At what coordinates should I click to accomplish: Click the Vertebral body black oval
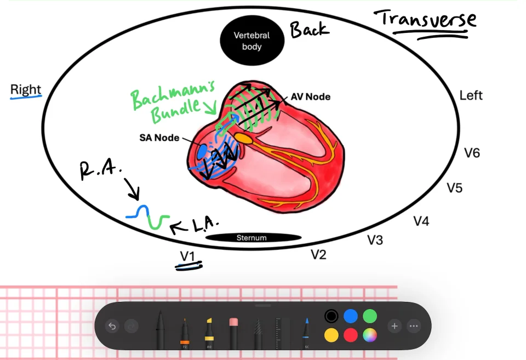coord(252,40)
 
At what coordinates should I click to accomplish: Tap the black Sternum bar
coord(253,238)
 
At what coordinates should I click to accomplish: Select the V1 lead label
coord(187,256)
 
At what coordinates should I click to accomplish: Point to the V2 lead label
coord(318,254)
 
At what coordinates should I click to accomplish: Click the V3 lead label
coord(375,240)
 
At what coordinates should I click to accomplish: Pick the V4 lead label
coord(421,221)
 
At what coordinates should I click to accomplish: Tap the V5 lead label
coord(455,188)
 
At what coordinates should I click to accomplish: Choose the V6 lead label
coord(472,153)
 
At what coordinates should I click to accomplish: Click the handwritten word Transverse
coord(425,19)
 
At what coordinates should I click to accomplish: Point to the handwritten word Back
coord(310,30)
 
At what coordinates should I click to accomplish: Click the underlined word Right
coord(26,89)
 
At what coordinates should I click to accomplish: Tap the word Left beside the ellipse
coord(471,96)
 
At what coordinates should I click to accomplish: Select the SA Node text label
coord(159,138)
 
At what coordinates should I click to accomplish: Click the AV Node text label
coord(311,96)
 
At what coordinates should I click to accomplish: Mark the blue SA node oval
coord(202,152)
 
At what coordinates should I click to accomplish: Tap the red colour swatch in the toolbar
coord(351,335)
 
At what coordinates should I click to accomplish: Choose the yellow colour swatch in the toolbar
coord(331,335)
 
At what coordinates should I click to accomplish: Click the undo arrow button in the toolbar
coord(112,326)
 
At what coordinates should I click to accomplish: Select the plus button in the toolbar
coord(395,326)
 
